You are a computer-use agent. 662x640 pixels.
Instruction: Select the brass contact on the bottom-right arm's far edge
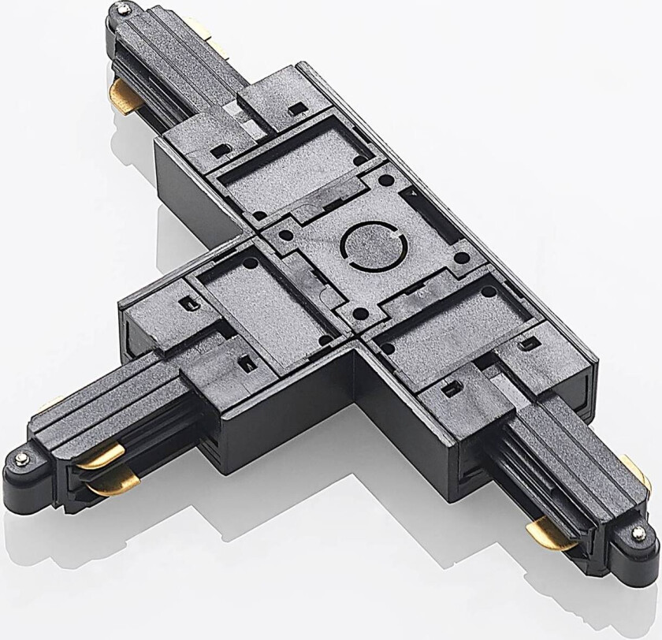click(x=643, y=473)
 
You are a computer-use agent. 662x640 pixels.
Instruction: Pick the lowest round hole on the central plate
click(x=358, y=313)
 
